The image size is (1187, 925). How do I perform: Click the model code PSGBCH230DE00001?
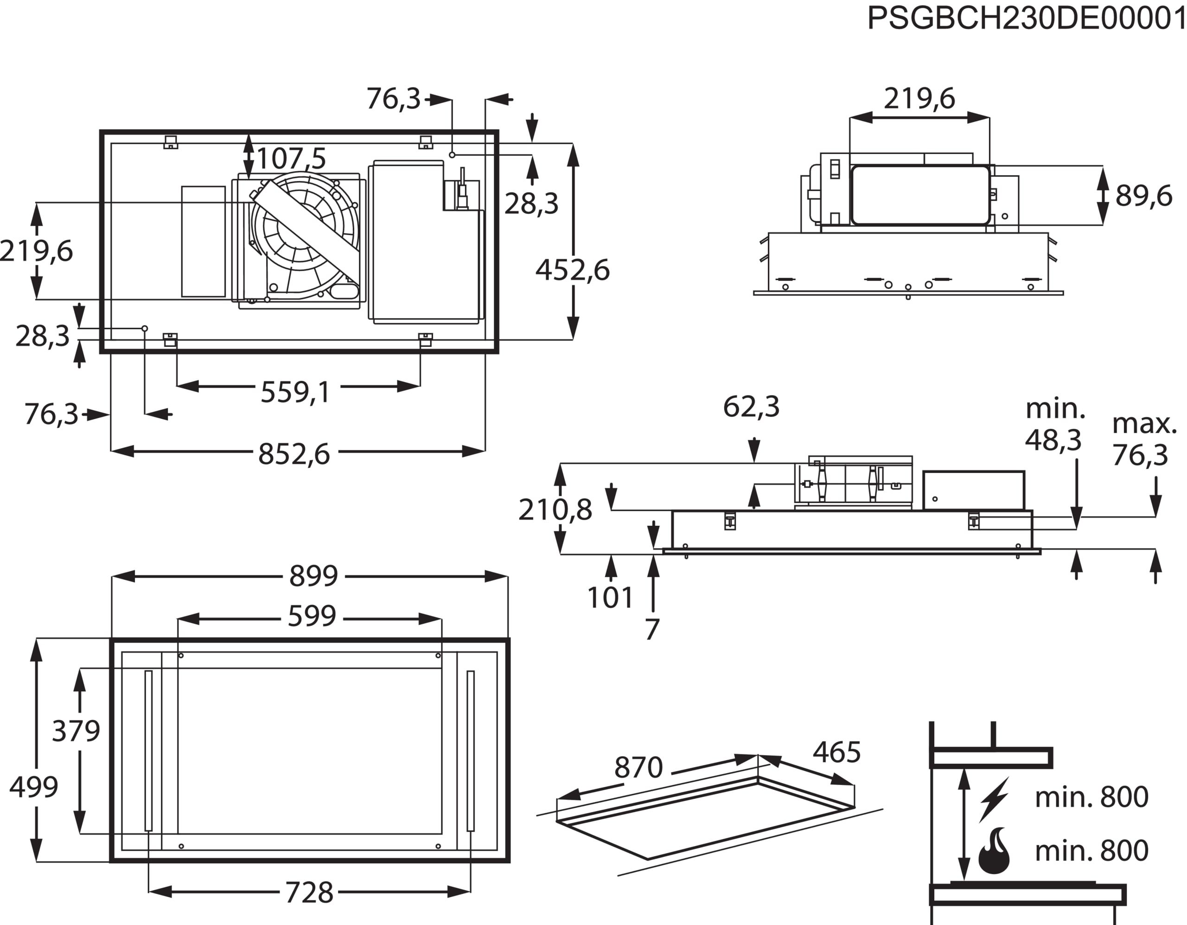pos(1026,19)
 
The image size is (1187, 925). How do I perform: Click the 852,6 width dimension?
pos(294,454)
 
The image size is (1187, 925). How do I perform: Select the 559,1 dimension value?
pos(295,392)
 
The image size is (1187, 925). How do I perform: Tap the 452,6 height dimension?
pos(572,270)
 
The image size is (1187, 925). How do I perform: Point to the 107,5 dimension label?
pos(291,159)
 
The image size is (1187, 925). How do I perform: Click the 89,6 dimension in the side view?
pos(1143,196)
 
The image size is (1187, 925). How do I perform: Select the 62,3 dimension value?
pos(751,407)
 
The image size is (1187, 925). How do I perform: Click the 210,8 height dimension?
pos(555,510)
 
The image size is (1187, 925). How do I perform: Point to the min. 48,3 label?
pos(1053,425)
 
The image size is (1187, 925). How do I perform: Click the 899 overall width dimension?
pos(313,576)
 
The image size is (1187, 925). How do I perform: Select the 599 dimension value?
pos(312,617)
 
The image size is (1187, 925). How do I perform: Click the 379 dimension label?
pos(76,731)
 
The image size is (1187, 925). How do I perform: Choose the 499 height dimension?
pos(34,787)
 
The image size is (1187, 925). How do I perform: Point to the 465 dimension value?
pos(836,753)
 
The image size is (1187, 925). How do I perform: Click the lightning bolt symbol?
pos(994,799)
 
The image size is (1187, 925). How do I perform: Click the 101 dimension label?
pos(610,598)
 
